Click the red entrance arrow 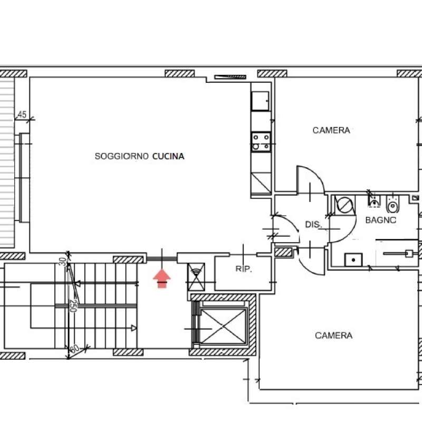pos(162,279)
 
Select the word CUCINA pos(168,156)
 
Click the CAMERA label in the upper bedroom pos(331,130)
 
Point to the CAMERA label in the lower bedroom pos(334,335)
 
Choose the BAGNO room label pos(381,220)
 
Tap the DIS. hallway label pos(313,224)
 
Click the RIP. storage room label pos(244,268)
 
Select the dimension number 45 pos(22,114)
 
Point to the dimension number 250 pos(73,305)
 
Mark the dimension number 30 pos(62,261)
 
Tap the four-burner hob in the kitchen pos(261,141)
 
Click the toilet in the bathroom pos(393,204)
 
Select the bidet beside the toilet pos(374,201)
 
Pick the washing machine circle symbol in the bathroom pos(345,205)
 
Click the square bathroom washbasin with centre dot pos(353,260)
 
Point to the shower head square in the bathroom pos(409,254)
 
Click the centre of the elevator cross pos(223,327)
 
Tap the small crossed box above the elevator pos(196,277)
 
